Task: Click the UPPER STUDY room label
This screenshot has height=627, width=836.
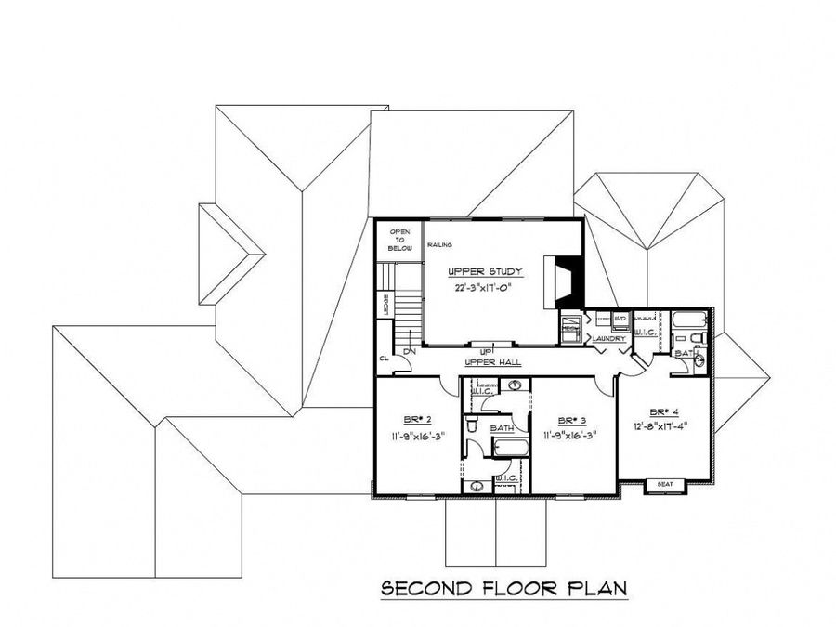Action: click(x=486, y=271)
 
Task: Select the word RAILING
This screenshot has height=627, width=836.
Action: click(x=439, y=245)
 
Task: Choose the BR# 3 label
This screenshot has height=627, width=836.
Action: click(x=569, y=419)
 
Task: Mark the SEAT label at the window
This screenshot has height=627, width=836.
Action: click(x=664, y=484)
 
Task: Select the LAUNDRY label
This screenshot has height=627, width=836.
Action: click(x=609, y=339)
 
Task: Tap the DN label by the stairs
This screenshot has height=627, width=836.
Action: click(x=409, y=352)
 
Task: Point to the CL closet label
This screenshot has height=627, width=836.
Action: click(x=383, y=358)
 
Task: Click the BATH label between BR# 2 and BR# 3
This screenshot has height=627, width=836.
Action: click(x=502, y=427)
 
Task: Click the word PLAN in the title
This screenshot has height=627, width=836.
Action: click(x=596, y=588)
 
